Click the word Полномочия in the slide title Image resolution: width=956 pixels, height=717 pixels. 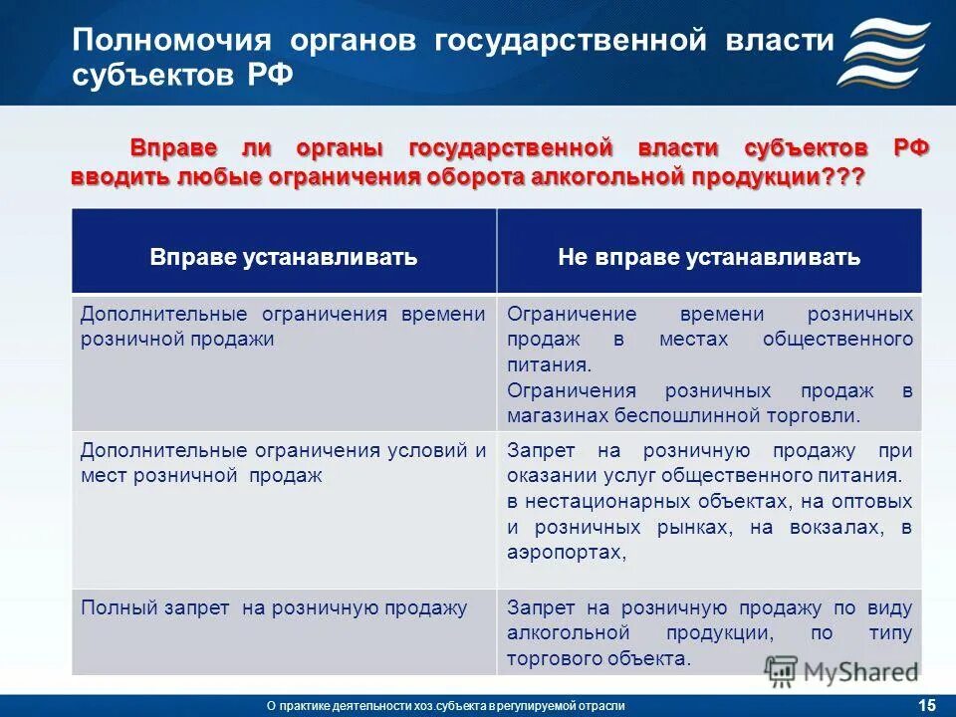(173, 41)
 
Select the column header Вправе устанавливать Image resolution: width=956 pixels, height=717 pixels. (283, 258)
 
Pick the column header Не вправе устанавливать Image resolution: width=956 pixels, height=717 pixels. (708, 258)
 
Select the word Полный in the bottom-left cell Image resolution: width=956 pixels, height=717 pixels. (112, 606)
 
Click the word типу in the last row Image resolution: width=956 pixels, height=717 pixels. (891, 632)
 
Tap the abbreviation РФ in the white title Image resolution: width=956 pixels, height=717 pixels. (269, 78)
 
